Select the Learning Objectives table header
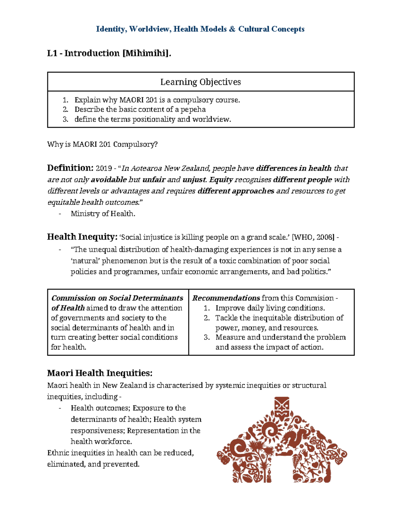pos(200,82)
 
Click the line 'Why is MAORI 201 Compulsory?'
pos(102,144)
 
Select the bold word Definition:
pos(70,168)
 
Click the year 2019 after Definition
pos(104,168)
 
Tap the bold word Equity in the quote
pos(221,180)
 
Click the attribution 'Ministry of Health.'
pos(103,214)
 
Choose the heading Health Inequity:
pos(82,237)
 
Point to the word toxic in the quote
pos(228,261)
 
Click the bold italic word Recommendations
pos(226,298)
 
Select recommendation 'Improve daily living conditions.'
pos(270,308)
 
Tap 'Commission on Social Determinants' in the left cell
pos(117,298)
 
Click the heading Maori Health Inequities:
pos(100,373)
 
